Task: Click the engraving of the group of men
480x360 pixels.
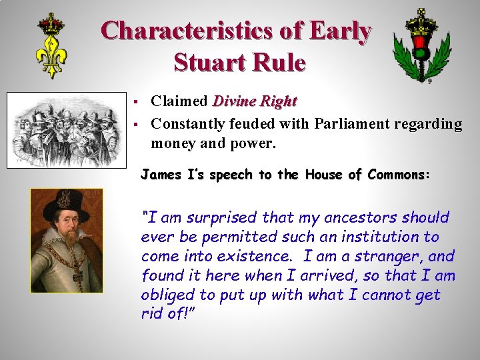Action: click(x=65, y=129)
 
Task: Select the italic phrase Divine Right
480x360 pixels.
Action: click(x=254, y=101)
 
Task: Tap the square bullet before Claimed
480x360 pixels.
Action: click(x=135, y=102)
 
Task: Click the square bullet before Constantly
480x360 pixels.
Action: click(x=135, y=124)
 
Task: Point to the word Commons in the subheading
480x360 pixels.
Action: click(x=397, y=175)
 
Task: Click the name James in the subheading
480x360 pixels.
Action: click(x=160, y=175)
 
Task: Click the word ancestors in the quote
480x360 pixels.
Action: click(x=365, y=217)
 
